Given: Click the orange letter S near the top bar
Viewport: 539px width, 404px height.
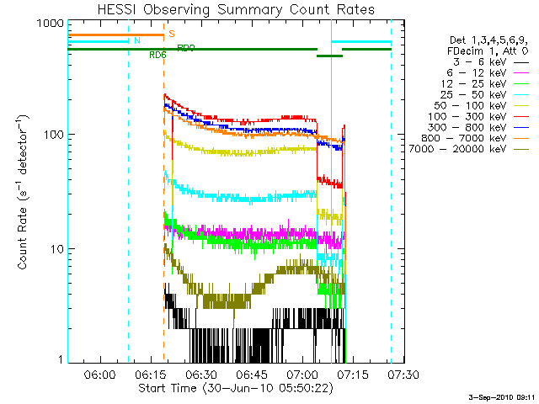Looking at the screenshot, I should [172, 34].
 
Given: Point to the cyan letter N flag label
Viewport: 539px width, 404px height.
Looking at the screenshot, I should [137, 40].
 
